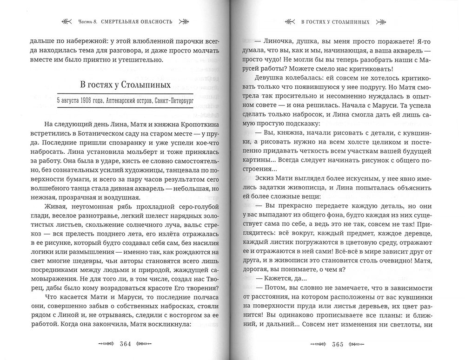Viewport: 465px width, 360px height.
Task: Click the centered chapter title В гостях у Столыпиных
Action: pos(124,86)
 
